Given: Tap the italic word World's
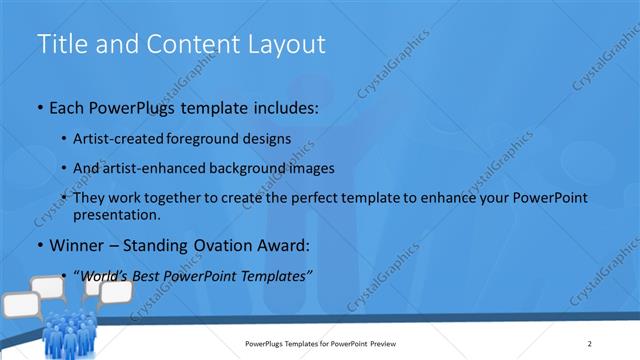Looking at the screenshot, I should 105,276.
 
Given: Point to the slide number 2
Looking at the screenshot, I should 590,343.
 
